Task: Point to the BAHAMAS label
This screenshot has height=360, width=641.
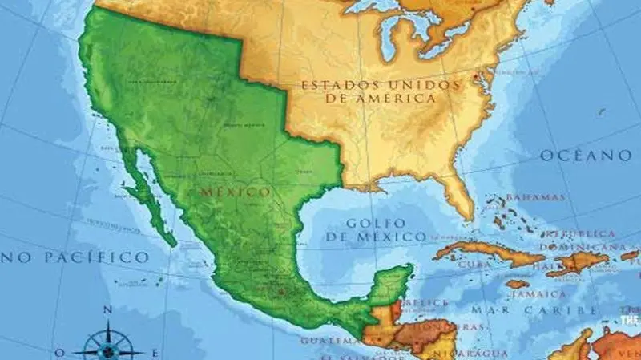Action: pos(535,197)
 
